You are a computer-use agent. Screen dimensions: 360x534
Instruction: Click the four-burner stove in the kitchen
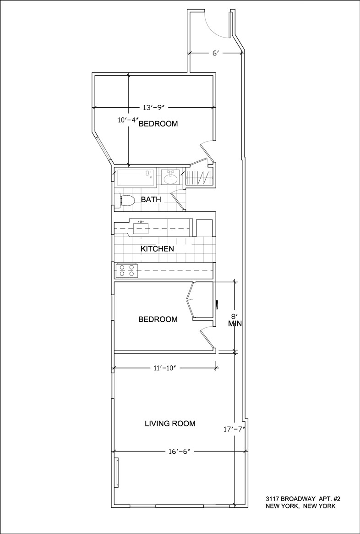126,270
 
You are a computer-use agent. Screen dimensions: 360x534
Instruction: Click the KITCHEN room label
157,249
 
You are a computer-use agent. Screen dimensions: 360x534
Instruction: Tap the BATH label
151,199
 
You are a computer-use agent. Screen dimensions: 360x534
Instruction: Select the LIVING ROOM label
170,424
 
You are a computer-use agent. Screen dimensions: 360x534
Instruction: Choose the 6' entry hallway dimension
215,53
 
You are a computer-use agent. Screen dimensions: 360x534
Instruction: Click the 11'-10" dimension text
165,368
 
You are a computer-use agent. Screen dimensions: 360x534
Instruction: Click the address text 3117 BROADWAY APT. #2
303,499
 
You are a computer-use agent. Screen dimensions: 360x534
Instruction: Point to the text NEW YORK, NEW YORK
300,506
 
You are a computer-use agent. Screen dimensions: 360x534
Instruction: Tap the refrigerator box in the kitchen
204,228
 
